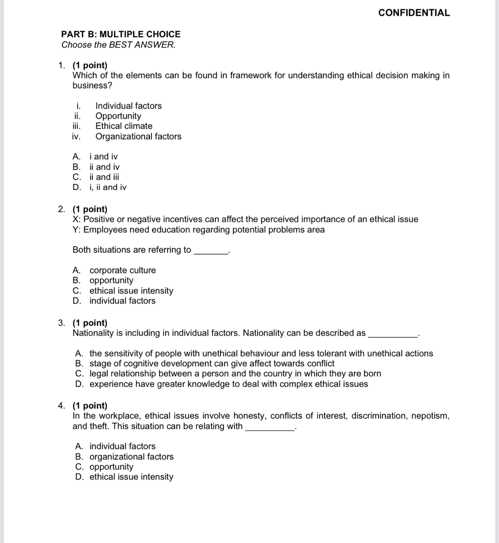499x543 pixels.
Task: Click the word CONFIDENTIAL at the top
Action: [x=414, y=13]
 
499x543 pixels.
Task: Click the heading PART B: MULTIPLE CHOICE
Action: [x=121, y=34]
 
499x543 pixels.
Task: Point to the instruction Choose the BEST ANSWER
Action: [x=119, y=45]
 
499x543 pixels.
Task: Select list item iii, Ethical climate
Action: [x=124, y=126]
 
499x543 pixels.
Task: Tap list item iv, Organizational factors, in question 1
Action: [x=138, y=137]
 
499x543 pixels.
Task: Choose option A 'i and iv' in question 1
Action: [x=103, y=157]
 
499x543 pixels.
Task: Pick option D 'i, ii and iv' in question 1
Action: [x=108, y=187]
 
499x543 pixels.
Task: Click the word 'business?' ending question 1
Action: [x=92, y=86]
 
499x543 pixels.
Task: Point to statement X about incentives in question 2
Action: [x=245, y=220]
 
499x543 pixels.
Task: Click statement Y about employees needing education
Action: [x=199, y=230]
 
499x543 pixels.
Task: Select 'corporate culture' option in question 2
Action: [x=122, y=271]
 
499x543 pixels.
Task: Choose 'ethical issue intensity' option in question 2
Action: [x=131, y=291]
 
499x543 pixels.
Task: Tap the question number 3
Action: [x=61, y=323]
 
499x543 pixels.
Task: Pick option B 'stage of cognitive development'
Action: [x=211, y=363]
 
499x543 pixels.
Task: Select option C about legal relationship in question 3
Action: [x=235, y=374]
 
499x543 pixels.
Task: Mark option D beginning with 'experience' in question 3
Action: [x=228, y=384]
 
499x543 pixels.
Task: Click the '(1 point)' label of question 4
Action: [x=90, y=406]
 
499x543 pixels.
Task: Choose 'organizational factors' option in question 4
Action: [x=131, y=457]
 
